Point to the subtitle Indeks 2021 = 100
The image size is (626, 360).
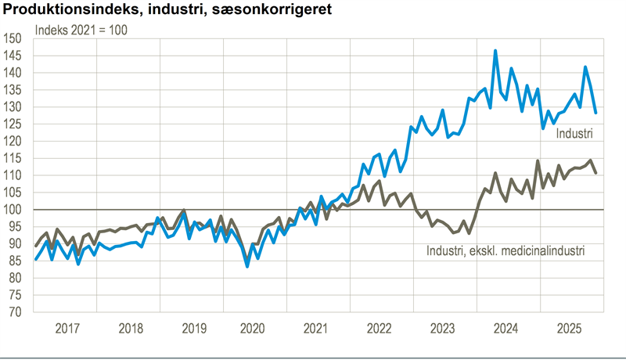[81, 31]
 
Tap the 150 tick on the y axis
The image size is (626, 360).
[13, 38]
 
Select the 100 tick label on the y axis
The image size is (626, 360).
[13, 210]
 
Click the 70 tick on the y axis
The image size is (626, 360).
[16, 312]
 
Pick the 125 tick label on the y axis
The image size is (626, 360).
[13, 124]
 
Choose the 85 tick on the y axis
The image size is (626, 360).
[16, 261]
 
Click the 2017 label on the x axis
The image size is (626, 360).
[68, 328]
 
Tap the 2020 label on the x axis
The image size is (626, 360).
[254, 328]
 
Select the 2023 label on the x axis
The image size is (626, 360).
[441, 328]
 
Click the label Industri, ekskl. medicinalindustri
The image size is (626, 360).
[505, 251]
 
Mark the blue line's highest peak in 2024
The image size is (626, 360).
[495, 51]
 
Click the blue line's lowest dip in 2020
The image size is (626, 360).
[247, 266]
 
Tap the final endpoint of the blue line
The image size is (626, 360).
[595, 113]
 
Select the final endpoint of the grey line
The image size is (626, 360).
[595, 173]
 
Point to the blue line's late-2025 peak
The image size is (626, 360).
[585, 67]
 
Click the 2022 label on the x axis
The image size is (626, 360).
[380, 328]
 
